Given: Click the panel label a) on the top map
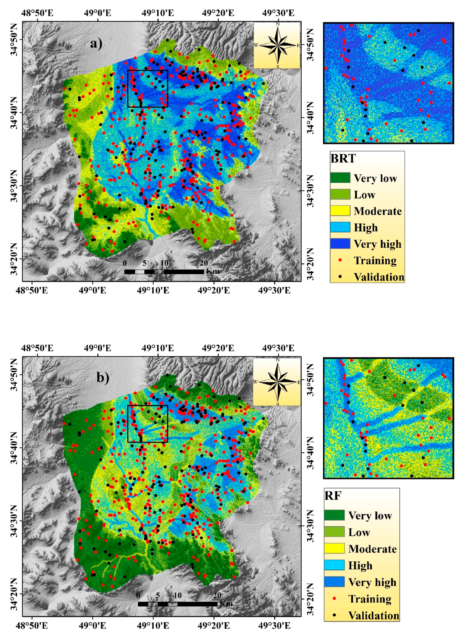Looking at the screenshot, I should click(96, 44).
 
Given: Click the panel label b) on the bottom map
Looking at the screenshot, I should click(103, 378).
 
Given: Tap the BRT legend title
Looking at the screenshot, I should click(343, 159).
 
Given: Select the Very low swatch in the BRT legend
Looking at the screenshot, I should click(340, 178).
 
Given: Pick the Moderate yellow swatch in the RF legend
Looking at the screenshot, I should click(334, 548).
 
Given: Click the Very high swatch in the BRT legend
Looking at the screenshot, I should click(340, 244).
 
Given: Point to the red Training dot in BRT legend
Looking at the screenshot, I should click(340, 260).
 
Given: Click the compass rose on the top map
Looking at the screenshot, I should click(277, 45).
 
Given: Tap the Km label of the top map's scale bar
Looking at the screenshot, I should click(212, 271).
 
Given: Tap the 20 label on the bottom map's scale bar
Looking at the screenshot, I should click(217, 595).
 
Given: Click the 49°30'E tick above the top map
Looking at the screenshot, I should click(278, 13).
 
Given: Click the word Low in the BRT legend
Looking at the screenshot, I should click(364, 195).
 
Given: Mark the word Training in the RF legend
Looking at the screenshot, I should click(370, 599).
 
